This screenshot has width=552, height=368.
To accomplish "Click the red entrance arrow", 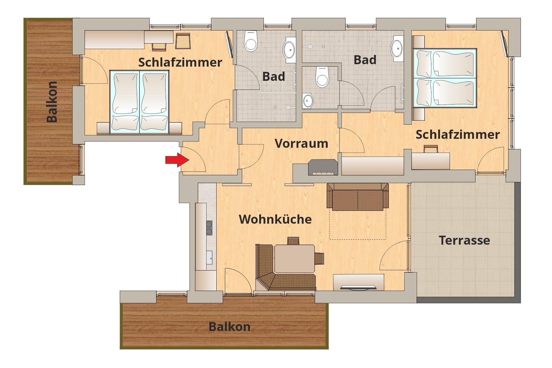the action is coord(177,160).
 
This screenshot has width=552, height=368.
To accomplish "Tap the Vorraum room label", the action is coord(301,143).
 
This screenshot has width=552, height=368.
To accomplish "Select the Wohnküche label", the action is coord(275,219).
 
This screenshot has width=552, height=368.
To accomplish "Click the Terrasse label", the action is coord(464,240).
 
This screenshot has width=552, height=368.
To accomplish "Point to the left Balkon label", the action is coord(52,102).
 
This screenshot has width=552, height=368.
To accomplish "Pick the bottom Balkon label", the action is coord(230,327).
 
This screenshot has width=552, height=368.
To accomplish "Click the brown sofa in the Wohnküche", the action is coord(358,196).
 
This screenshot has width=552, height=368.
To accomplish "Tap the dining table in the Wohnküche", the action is coord(295,258).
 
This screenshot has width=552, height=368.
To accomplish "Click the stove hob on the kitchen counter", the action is coord(209,228).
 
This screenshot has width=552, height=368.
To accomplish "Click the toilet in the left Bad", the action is coord(251,41).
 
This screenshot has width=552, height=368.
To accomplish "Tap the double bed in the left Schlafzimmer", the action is coord(139,102).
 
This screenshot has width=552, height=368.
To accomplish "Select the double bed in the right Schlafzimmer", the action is coord(445,78).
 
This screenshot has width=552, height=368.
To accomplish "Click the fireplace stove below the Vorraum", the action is coord(323,167).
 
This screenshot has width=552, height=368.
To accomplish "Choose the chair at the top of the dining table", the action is coord(293,241).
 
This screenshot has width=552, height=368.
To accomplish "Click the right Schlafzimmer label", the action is coord(458,134).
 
